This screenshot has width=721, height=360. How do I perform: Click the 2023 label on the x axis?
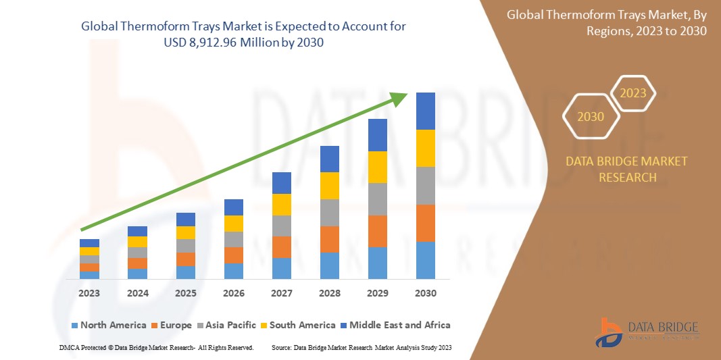pyautogui.click(x=89, y=293)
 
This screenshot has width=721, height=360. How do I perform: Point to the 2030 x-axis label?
pyautogui.click(x=425, y=293)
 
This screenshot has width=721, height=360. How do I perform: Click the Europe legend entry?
pyautogui.click(x=174, y=325)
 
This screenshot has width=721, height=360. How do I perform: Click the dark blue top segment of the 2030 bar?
pyautogui.click(x=425, y=111)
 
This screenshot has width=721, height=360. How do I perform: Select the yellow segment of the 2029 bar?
pyautogui.click(x=377, y=167)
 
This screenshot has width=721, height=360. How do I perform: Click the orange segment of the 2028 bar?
pyautogui.click(x=329, y=239)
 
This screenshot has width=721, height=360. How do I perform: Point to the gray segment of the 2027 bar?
pyautogui.click(x=281, y=226)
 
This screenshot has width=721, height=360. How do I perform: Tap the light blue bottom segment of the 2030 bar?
pyautogui.click(x=425, y=260)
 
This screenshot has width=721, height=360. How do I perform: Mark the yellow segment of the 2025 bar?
pyautogui.click(x=185, y=232)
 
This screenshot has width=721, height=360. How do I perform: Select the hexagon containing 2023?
pyautogui.click(x=633, y=93)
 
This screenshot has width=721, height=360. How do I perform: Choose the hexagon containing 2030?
pyautogui.click(x=591, y=117)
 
